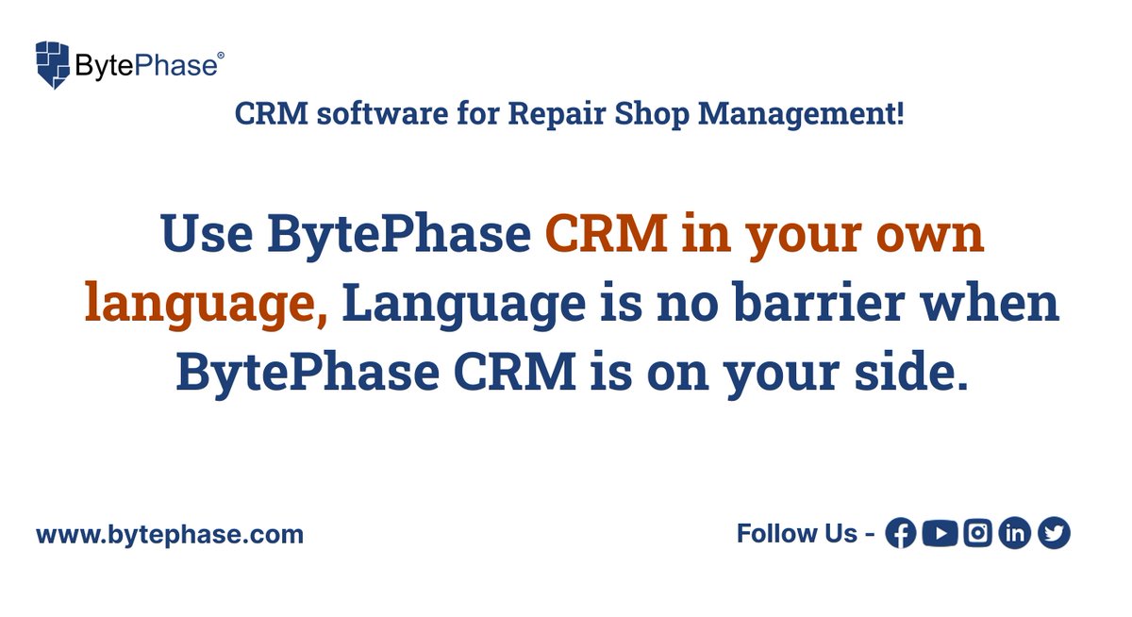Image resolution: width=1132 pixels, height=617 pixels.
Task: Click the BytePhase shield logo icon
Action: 53,64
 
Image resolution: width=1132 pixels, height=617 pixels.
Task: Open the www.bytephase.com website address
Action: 170,534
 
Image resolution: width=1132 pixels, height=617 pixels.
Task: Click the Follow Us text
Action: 796,534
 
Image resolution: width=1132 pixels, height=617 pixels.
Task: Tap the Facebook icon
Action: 902,534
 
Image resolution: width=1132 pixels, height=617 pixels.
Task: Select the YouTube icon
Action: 940,534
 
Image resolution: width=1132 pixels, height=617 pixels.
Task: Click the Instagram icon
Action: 978,534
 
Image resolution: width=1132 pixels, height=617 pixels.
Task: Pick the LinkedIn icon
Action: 1015,534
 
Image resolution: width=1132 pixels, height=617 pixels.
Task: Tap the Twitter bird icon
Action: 1054,534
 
